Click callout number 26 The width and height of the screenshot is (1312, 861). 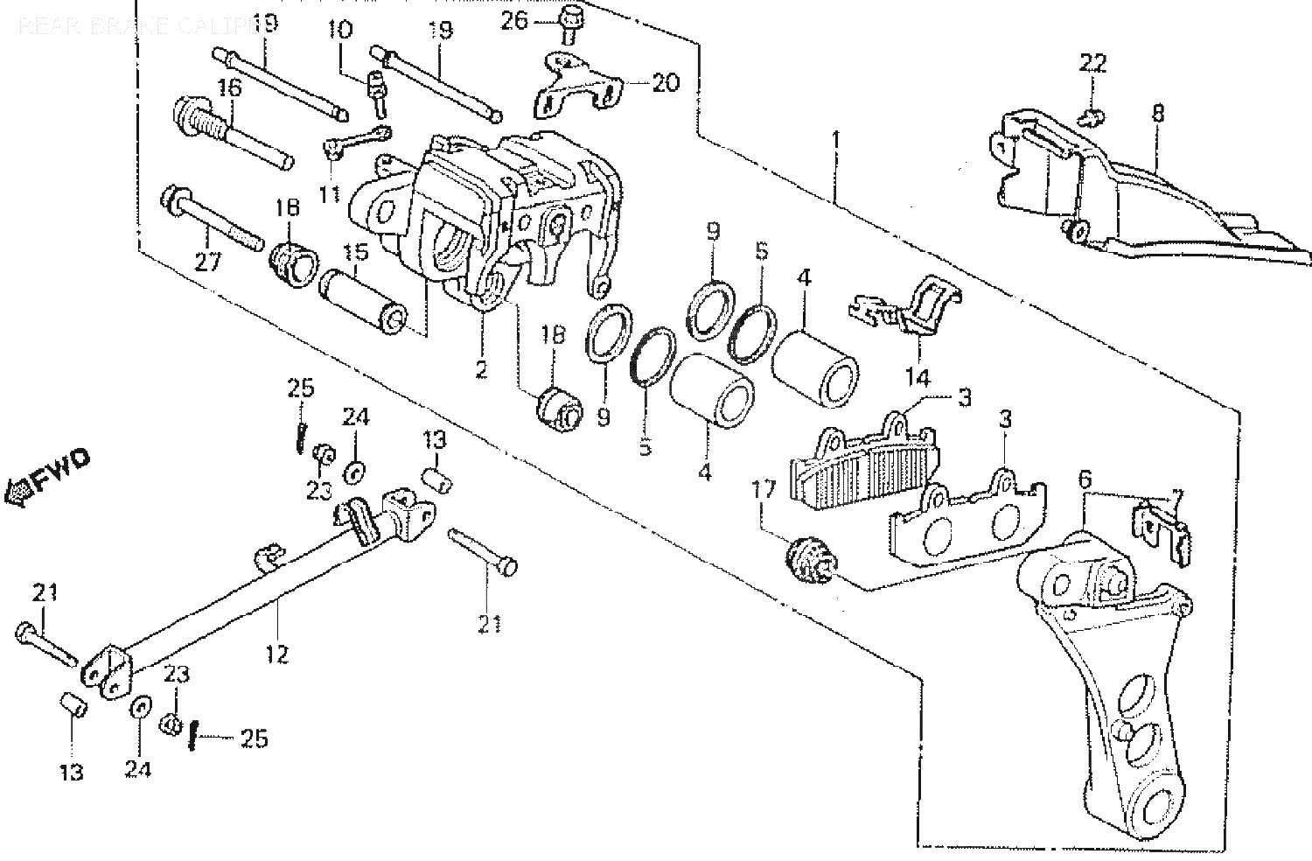pos(514,19)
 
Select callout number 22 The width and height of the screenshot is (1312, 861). pos(1092,62)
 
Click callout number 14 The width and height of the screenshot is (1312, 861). pos(918,378)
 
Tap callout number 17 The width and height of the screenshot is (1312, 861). pos(764,490)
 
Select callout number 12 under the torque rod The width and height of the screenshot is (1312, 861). pos(277,653)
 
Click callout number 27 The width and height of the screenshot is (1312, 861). pos(207,262)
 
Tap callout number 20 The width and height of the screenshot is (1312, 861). pos(665,83)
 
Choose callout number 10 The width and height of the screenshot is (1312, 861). pos(340,30)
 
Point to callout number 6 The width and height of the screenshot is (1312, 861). pos(1085,479)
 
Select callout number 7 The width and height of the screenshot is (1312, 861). pos(1176,496)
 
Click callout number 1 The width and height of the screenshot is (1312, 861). pos(836,139)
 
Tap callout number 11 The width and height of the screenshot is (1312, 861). pos(329,192)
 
